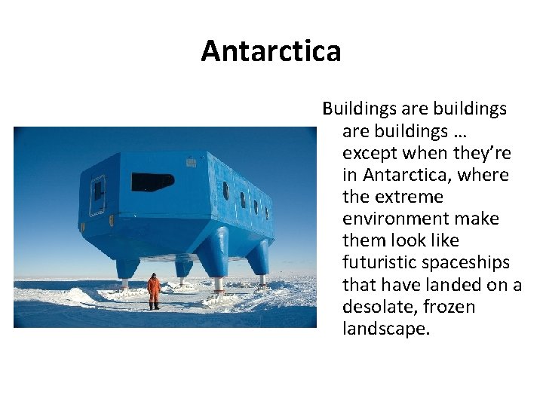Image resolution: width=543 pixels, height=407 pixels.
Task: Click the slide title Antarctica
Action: pos(271,51)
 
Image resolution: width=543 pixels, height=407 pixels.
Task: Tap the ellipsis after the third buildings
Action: pos(460,131)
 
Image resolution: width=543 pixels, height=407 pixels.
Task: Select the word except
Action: pos(370,153)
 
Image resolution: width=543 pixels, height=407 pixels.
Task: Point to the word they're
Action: pos(481,153)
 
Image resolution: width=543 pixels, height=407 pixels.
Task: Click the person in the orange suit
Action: pos(154,291)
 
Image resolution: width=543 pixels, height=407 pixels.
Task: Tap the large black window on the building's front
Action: pos(152,182)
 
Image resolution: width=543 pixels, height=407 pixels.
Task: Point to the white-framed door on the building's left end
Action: pos(97,194)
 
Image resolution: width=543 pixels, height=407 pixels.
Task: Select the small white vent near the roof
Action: pos(192,162)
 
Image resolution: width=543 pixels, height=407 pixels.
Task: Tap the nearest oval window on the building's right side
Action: pos(225,191)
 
